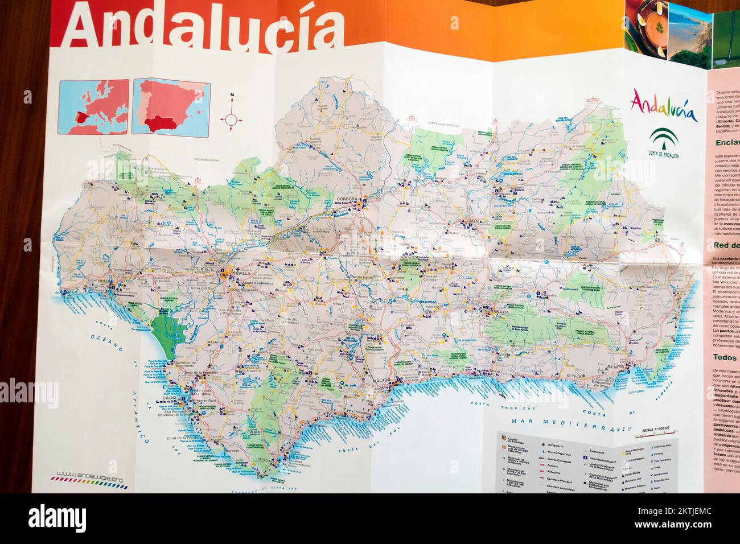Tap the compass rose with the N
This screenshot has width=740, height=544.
coord(231,118)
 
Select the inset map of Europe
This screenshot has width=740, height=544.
coord(94,107)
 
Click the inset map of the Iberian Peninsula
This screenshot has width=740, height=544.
coord(171,107)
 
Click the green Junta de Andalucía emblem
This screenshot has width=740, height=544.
coord(663,143)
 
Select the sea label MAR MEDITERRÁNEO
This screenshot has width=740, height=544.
coord(572,423)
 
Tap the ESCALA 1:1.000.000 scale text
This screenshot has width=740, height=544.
coord(655,429)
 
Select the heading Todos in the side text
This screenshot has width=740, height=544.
coord(725,358)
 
